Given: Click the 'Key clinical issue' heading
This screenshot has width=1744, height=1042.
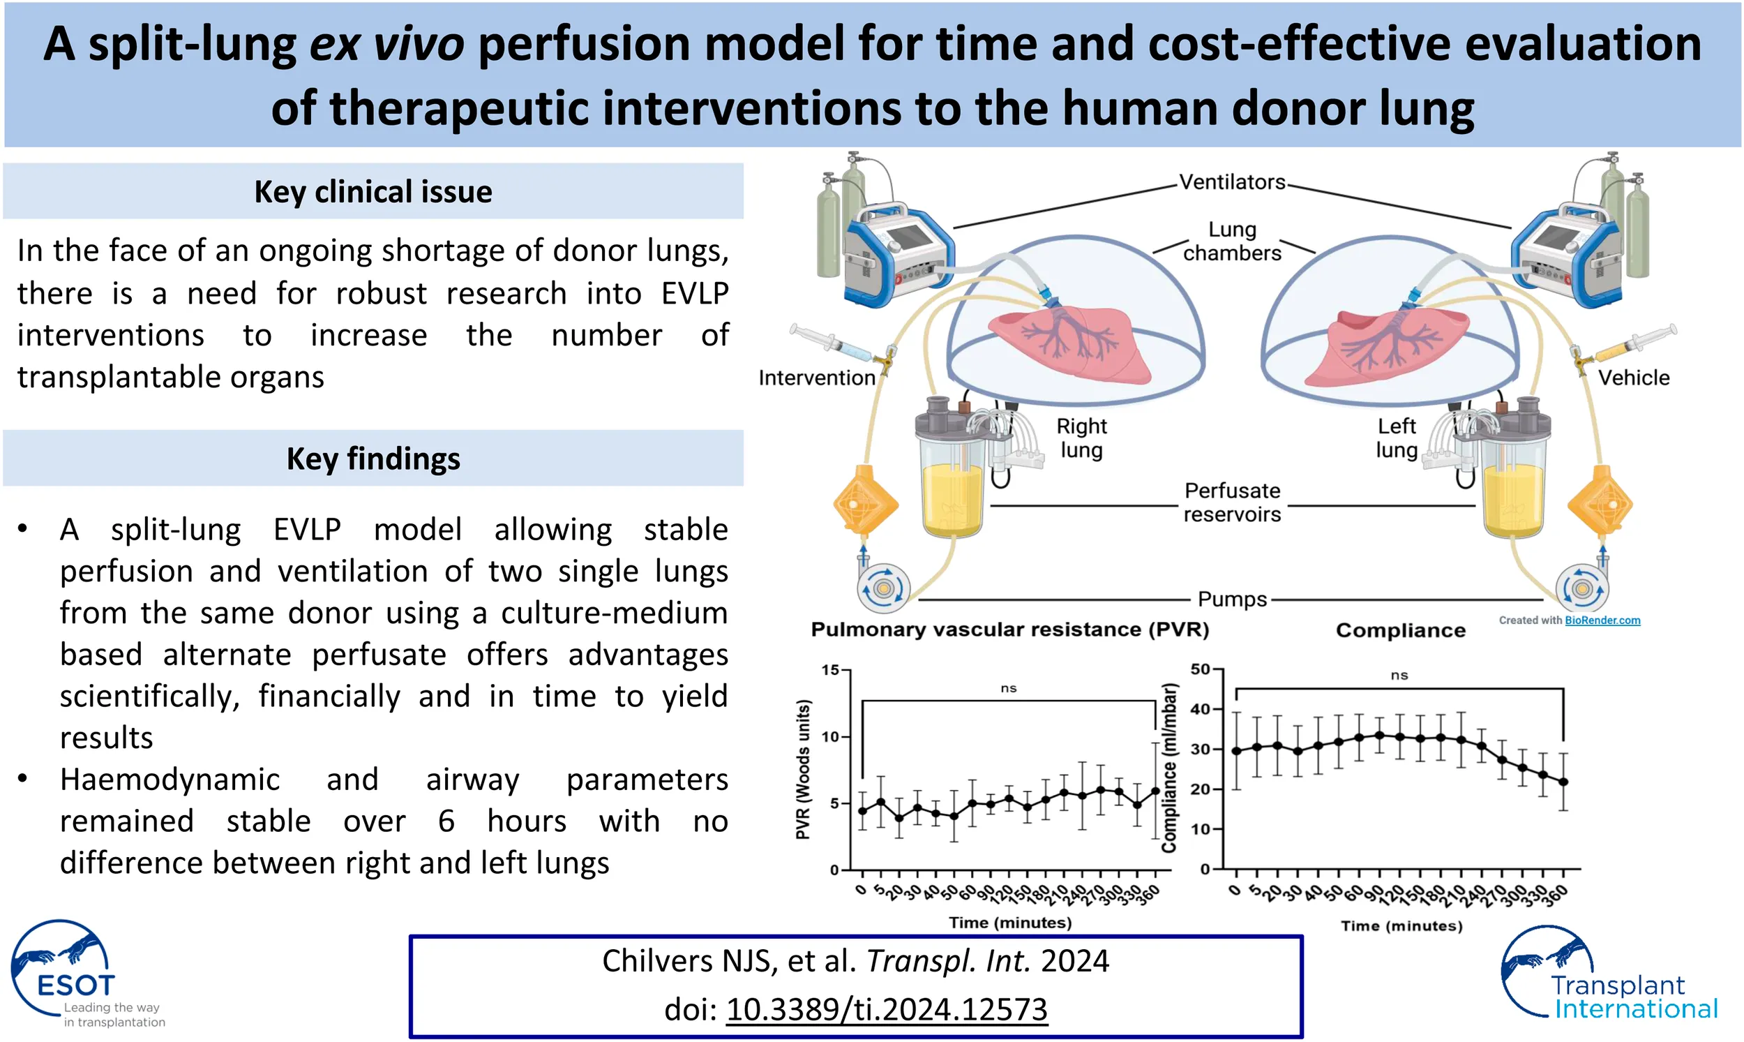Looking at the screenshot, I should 373,192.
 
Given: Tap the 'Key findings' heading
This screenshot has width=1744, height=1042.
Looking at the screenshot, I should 373,459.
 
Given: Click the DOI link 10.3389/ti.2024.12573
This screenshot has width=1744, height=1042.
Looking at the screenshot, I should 887,1010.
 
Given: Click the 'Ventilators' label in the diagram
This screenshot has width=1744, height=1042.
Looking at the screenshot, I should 1232,183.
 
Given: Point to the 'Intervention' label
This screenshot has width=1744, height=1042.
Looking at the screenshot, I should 816,378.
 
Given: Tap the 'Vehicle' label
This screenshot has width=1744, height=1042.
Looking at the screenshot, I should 1633,378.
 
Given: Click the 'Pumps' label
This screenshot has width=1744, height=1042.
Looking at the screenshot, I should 1232,600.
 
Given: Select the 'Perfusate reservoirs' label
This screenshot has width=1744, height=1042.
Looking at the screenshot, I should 1232,502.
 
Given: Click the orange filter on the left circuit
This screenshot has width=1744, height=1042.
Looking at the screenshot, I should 865,504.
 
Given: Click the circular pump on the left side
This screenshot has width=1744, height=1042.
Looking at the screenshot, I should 884,588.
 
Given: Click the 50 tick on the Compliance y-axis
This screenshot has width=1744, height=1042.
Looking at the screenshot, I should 1201,669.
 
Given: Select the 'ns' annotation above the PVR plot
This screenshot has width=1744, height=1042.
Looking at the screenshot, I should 1008,688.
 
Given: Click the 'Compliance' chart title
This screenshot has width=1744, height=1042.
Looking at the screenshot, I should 1400,630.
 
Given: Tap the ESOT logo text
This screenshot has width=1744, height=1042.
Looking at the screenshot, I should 75,986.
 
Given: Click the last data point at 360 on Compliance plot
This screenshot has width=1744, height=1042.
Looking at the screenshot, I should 1563,782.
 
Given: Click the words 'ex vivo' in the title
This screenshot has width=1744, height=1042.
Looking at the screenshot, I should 386,43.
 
